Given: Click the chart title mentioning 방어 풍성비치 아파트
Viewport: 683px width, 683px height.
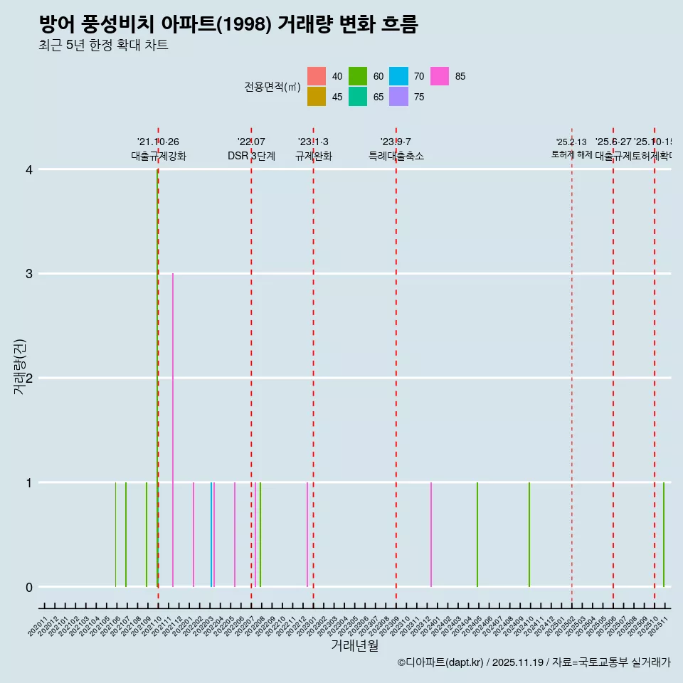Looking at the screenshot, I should [x=228, y=25].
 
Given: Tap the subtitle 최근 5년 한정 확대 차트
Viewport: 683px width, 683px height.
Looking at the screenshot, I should [x=104, y=46].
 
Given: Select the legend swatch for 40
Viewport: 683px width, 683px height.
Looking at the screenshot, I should [x=317, y=76].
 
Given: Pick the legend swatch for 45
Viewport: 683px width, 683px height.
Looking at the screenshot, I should [x=317, y=97].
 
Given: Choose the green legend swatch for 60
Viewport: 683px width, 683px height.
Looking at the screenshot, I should [x=358, y=76].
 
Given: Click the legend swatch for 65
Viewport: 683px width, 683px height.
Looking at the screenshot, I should [x=358, y=97].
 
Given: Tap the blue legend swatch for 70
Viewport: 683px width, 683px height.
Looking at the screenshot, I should [x=399, y=76].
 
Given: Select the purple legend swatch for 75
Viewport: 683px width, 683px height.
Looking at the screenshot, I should [x=399, y=97].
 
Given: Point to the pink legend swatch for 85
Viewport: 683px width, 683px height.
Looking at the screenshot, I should [x=440, y=76].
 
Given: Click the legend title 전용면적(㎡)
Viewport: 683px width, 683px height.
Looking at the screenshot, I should [x=272, y=87].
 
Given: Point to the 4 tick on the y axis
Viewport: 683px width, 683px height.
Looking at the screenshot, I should [x=29, y=169].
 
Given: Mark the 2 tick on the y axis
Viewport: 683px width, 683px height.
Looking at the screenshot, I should [x=29, y=378].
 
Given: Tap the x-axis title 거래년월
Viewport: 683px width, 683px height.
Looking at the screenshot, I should [x=354, y=645].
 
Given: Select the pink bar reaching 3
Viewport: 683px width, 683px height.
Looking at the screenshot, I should [x=173, y=427].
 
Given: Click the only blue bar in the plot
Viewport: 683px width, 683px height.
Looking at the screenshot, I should [x=211, y=534].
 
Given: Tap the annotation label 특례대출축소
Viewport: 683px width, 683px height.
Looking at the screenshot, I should [x=396, y=156].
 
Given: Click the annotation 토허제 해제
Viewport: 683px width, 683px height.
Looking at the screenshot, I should [x=572, y=154].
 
